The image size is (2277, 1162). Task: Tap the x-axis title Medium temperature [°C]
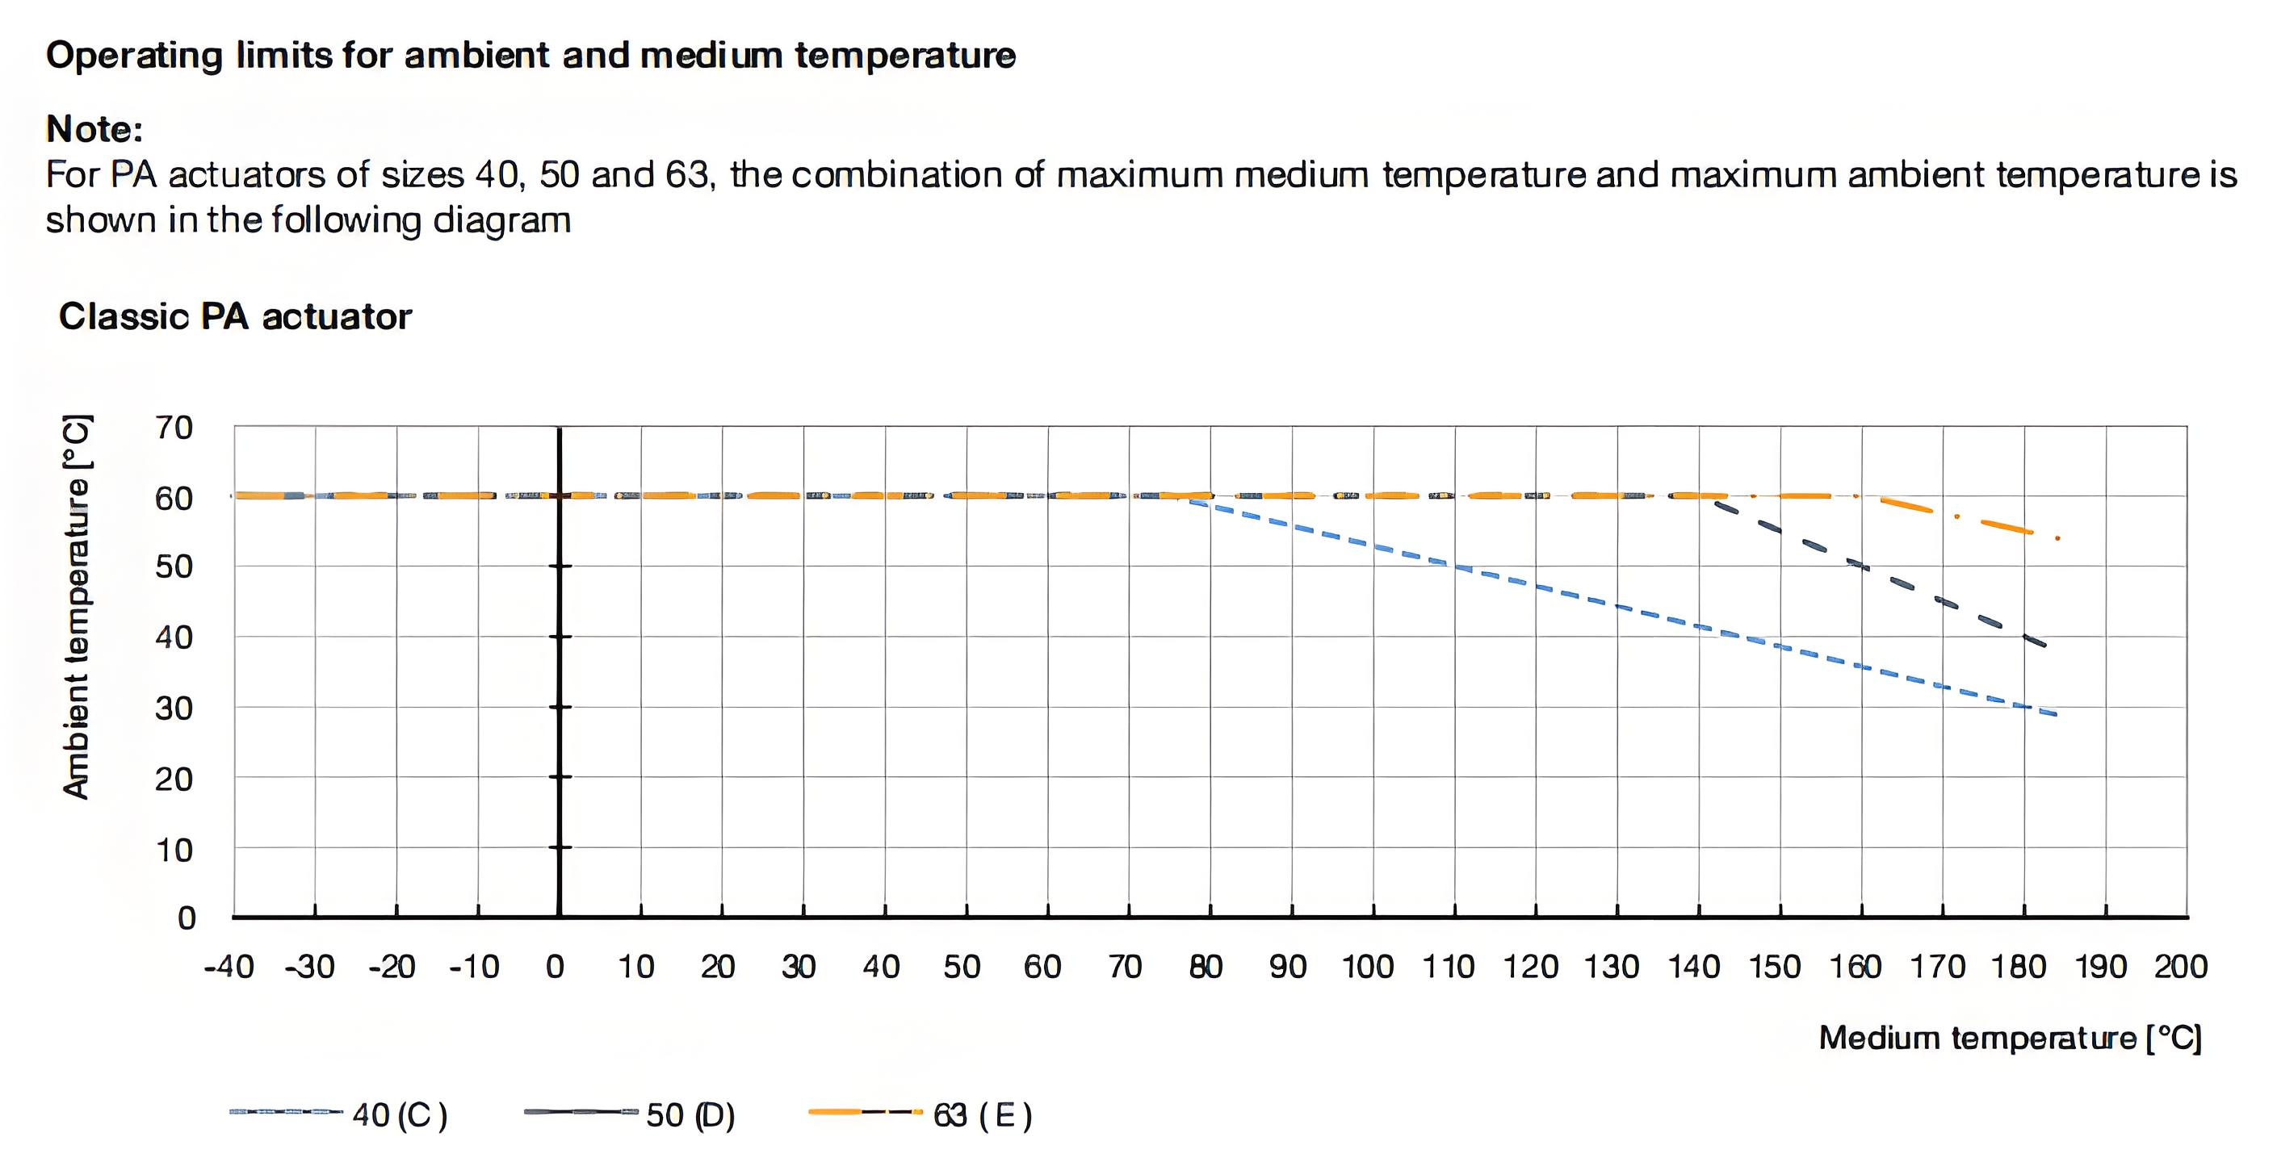click(2009, 1038)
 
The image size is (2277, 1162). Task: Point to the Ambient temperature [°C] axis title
click(77, 606)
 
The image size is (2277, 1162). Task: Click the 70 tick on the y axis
click(174, 428)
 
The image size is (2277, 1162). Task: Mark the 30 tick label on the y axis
click(174, 708)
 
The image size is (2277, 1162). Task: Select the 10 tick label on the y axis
click(174, 850)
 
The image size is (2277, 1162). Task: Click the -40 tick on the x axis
click(229, 967)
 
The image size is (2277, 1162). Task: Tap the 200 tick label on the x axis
click(2181, 967)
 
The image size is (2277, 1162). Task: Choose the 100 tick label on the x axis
click(1368, 967)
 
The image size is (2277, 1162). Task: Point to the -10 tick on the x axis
click(474, 967)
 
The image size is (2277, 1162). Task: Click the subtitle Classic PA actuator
click(235, 316)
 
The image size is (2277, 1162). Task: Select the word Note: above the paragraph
click(94, 129)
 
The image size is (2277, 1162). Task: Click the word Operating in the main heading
click(134, 56)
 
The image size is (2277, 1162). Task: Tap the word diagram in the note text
click(501, 220)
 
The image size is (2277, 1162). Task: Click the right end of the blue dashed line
click(2055, 714)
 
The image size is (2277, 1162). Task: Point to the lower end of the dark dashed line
click(2043, 645)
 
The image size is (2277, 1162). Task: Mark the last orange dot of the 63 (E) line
click(2058, 538)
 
